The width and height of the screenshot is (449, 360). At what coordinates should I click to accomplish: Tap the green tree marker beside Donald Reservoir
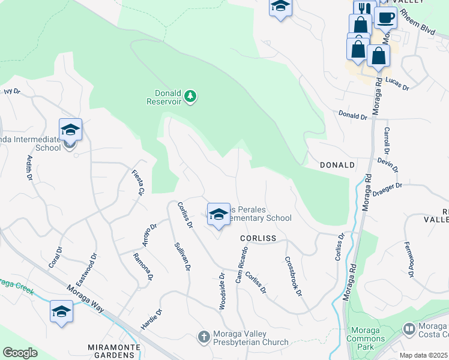tap(190, 97)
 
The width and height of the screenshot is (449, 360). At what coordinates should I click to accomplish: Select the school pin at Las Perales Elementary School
tap(218, 214)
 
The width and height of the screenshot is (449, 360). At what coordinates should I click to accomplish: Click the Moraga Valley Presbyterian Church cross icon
tap(203, 337)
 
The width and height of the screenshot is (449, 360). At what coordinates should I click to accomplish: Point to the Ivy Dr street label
tap(12, 92)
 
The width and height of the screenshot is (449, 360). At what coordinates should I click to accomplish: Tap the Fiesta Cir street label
tap(139, 183)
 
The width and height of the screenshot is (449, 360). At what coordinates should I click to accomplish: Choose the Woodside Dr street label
tap(222, 292)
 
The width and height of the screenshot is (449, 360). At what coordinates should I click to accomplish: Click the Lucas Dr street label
tap(397, 84)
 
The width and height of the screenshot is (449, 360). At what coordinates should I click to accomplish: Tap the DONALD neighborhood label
tap(337, 164)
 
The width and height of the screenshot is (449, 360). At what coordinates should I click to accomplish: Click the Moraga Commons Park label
tap(365, 338)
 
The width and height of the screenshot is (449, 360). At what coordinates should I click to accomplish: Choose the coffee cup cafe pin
tap(385, 18)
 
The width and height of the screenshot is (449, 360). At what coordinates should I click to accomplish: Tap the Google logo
tap(19, 353)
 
